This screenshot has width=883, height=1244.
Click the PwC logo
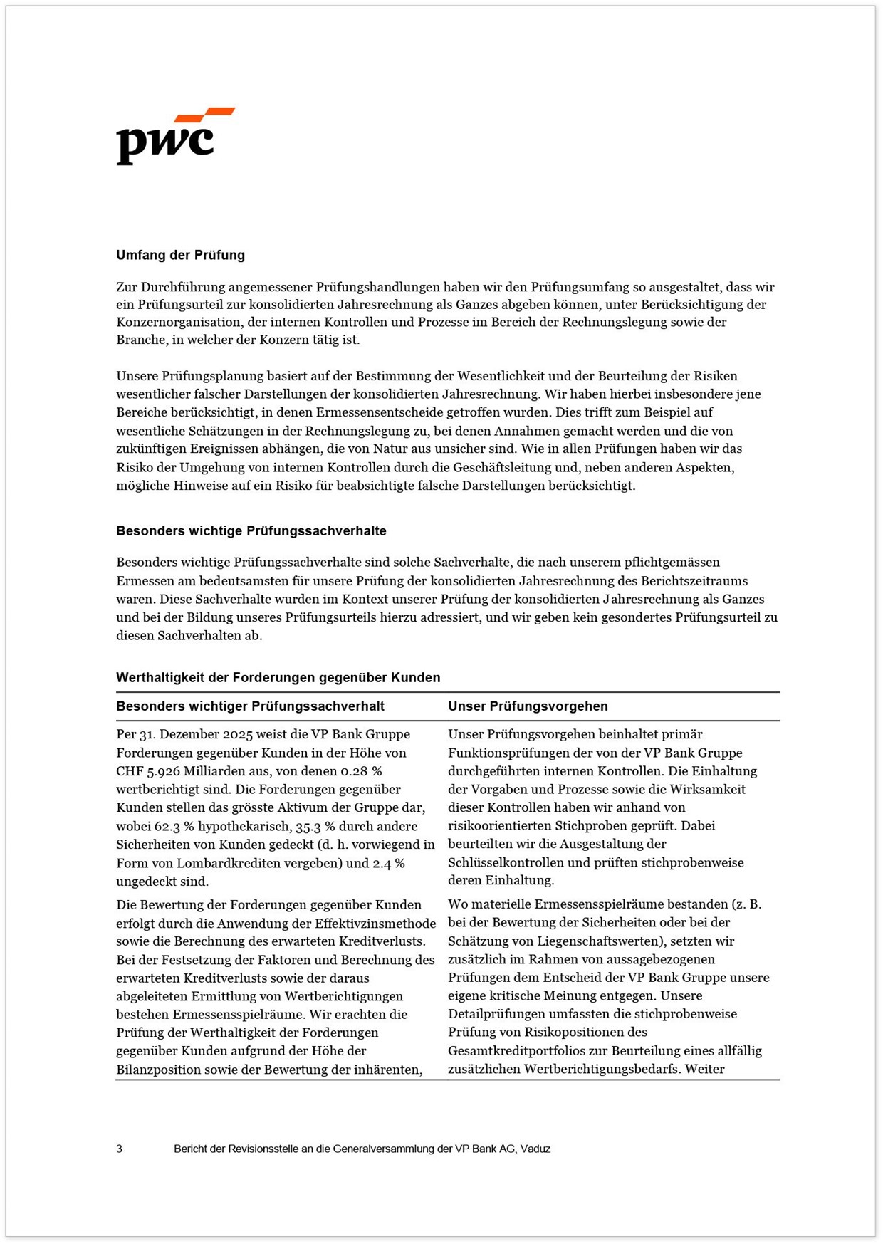click(175, 136)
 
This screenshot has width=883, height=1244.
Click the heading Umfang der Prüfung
click(180, 255)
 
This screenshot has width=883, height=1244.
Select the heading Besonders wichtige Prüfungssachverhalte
click(251, 530)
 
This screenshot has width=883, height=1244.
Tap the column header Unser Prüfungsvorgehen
click(528, 706)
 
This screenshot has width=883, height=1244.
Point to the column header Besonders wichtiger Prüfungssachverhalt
click(250, 706)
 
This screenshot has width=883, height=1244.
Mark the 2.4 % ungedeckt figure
click(389, 863)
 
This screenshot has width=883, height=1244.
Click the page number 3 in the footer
click(119, 1149)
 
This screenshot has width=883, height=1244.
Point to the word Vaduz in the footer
click(535, 1149)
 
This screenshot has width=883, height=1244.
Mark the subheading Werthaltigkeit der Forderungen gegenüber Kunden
click(278, 677)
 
